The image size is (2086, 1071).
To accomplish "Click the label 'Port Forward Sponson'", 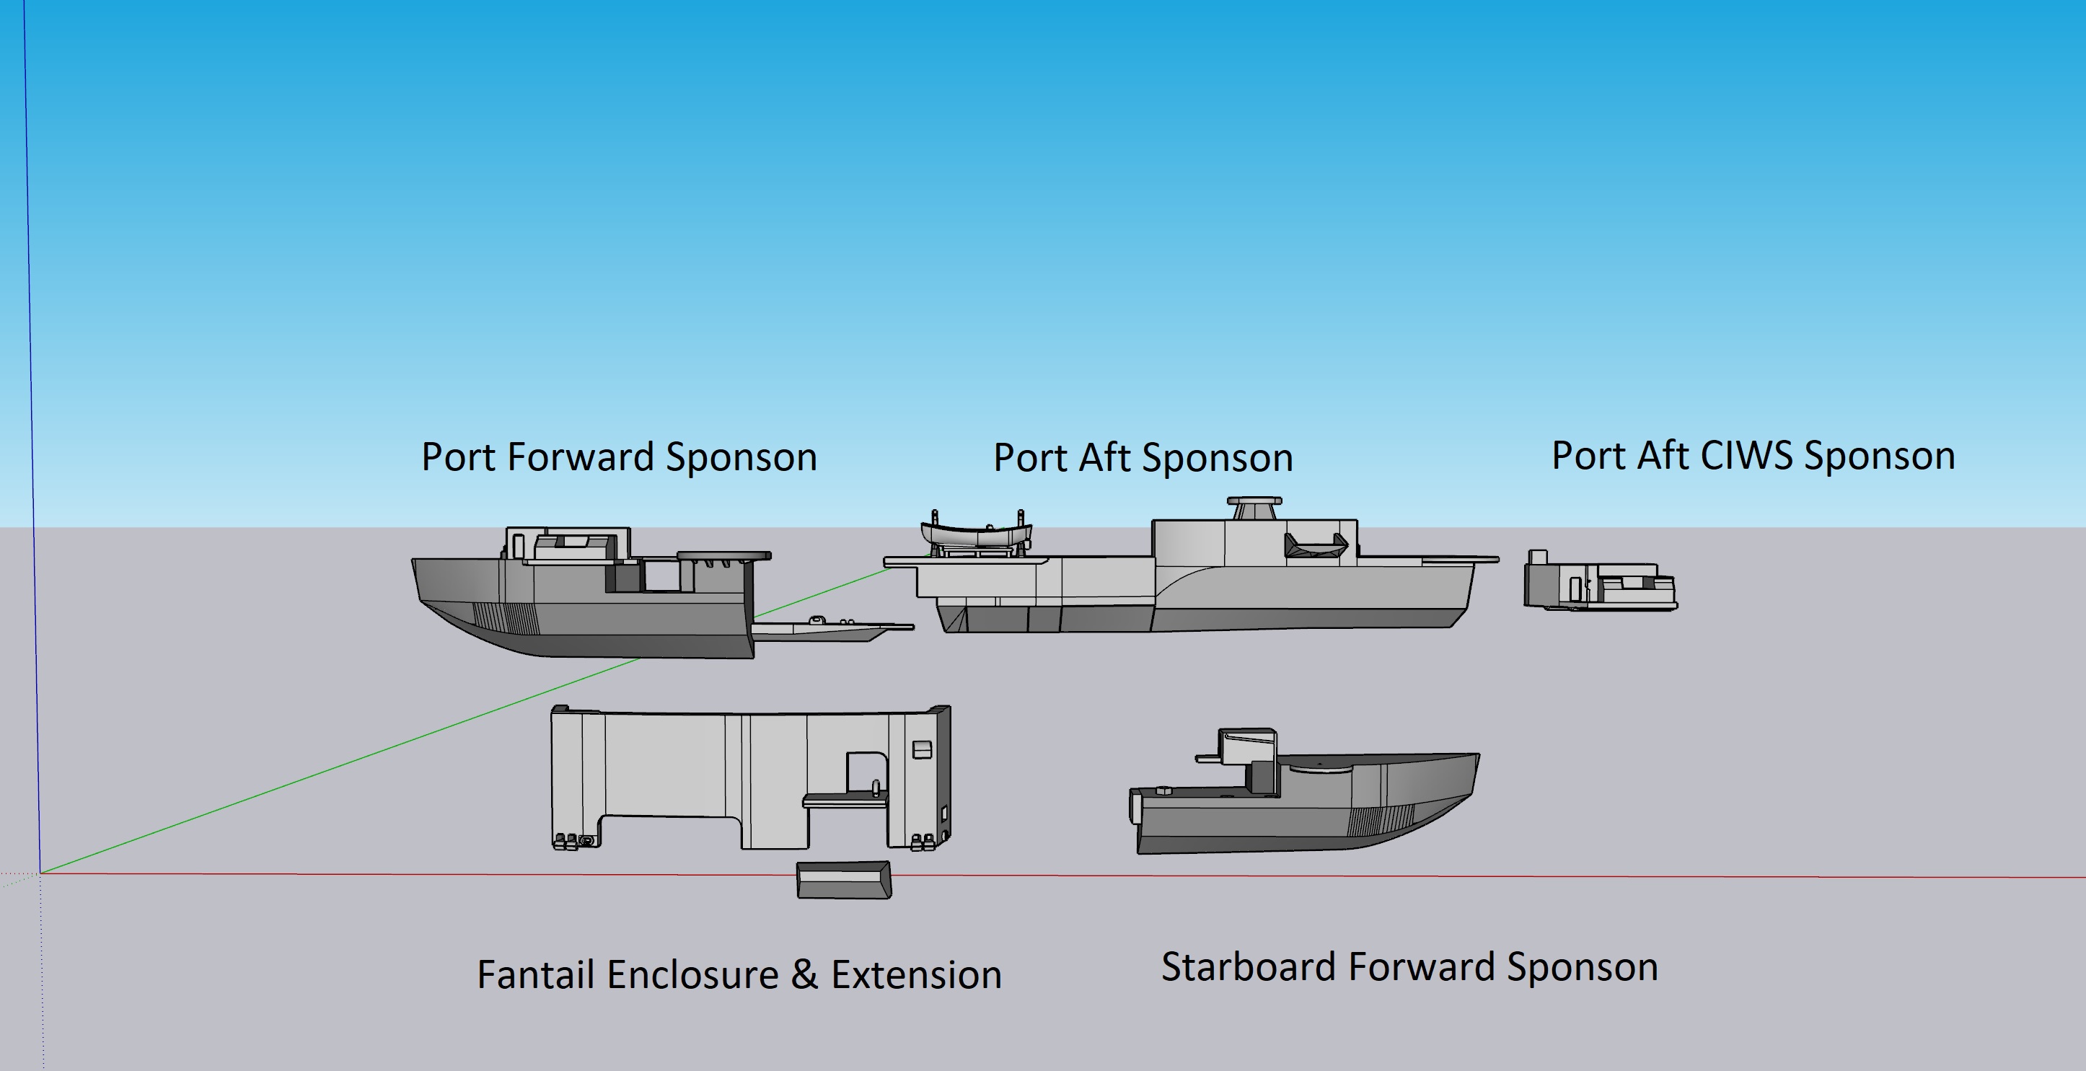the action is pos(620,457).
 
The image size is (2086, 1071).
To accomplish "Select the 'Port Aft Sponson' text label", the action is pos(1143,458).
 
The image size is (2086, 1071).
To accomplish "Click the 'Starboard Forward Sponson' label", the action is pos(1410,967).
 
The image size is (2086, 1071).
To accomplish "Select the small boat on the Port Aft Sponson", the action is pos(976,534).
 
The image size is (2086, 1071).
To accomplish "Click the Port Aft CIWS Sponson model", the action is pos(1600,581).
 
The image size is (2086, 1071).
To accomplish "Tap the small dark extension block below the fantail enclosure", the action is pos(844,880).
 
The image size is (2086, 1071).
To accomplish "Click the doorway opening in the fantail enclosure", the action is pos(866,773).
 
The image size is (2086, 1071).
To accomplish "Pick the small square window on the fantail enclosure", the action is pos(922,749).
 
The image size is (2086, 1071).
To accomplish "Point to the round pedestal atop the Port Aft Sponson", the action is pos(1254,510).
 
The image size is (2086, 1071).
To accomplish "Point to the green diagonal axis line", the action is pos(467,720).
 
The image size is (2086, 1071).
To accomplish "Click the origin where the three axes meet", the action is pos(40,873).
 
